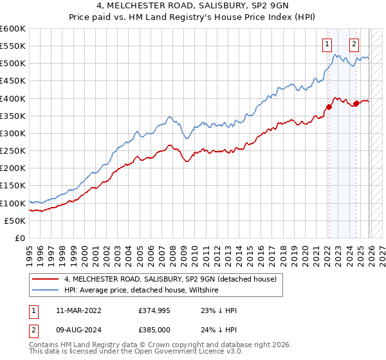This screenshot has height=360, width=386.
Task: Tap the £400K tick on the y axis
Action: (x=13, y=98)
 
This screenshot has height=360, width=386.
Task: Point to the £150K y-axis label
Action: (x=13, y=186)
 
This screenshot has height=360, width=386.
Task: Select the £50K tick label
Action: (x=15, y=221)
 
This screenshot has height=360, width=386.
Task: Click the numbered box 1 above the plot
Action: (x=327, y=44)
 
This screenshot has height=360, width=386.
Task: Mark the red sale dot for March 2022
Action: (x=328, y=107)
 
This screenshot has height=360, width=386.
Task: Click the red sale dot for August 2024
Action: (x=356, y=103)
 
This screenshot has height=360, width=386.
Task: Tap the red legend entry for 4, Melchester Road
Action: (x=170, y=279)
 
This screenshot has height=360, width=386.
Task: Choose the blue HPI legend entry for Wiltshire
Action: (x=142, y=291)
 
